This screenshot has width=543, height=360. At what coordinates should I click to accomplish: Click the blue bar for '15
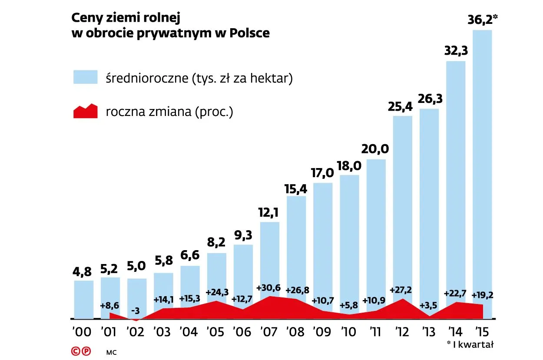(x=482, y=165)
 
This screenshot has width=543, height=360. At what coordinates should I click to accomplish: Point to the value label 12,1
(x=270, y=212)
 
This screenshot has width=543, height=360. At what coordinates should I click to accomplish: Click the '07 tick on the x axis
(x=270, y=332)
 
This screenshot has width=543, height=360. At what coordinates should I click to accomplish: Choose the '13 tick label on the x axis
(x=429, y=332)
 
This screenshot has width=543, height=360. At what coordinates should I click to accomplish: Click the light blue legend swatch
(x=85, y=78)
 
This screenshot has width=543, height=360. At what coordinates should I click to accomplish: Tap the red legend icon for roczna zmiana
(x=85, y=112)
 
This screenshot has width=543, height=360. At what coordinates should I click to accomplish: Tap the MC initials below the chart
(x=112, y=352)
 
